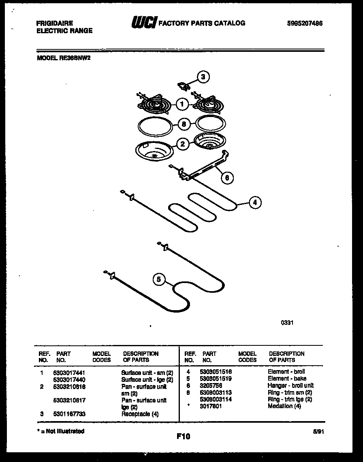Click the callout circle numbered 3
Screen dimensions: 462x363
point(203,77)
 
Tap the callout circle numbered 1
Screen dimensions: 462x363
point(182,104)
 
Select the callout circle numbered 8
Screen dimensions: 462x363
point(184,124)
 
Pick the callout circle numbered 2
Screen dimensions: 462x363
point(183,143)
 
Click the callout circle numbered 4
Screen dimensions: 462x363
point(254,202)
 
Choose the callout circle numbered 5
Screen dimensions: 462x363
point(159,279)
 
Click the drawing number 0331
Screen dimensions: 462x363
point(287,323)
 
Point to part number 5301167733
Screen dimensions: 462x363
point(69,414)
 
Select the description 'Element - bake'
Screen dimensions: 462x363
point(287,379)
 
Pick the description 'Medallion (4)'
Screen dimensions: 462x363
point(284,406)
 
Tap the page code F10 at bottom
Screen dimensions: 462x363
point(183,436)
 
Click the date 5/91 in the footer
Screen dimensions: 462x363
point(319,432)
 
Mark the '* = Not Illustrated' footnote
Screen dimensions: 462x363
point(61,431)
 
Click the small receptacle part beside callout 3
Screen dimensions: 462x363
point(184,85)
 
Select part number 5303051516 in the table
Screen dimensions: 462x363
point(216,372)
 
